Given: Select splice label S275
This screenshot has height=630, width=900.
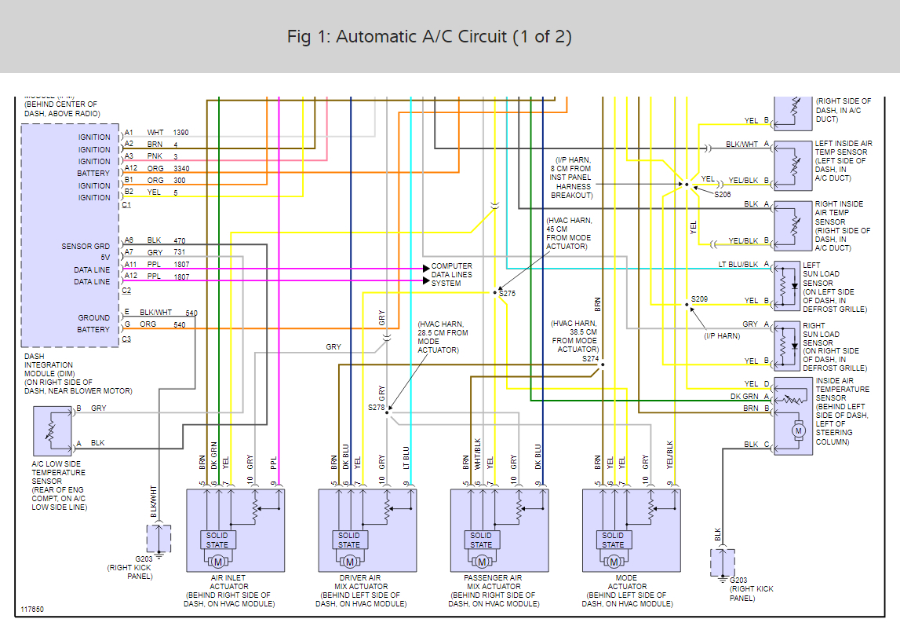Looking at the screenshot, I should pos(507,293).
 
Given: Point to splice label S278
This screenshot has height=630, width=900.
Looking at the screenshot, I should pos(377,408).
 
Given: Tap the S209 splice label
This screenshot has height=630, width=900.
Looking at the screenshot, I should pos(699,299).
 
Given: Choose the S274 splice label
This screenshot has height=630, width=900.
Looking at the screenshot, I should pos(591,358).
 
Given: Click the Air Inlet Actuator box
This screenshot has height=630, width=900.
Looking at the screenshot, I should pos(235,530).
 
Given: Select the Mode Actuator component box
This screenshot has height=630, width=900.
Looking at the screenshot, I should pos(632,530).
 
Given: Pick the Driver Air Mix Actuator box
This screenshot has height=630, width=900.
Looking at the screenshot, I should pos(367,530).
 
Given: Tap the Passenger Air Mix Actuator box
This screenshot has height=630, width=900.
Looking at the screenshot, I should pos(500,530).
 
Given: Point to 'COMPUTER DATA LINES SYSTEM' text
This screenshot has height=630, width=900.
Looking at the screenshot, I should pos(451,275).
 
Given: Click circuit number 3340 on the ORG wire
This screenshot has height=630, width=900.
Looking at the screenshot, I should pos(181,169).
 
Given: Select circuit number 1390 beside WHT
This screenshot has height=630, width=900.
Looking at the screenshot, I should pos(181,133).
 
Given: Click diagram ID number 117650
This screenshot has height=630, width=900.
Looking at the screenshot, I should pos(33,609).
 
